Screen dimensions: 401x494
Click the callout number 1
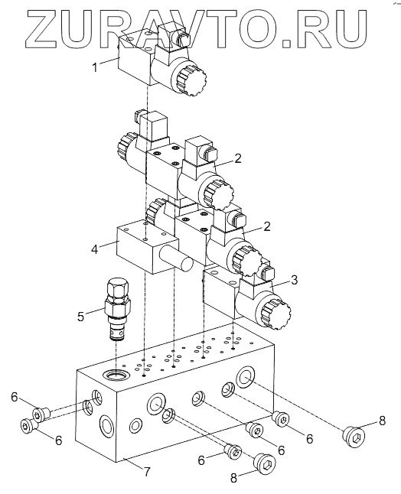(95, 67)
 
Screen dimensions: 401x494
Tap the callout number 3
(294, 280)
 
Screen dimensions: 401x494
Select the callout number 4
(94, 249)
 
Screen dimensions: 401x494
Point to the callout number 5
(81, 316)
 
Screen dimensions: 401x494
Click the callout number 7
(146, 472)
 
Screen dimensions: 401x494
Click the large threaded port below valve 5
(116, 375)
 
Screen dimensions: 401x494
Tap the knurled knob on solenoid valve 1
(192, 80)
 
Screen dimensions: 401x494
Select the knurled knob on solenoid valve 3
(275, 314)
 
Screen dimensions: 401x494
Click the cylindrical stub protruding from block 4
(176, 258)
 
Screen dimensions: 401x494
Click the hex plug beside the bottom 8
(265, 463)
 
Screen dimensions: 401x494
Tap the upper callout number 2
(238, 158)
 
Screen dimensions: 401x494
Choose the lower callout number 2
(267, 226)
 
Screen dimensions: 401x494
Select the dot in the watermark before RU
(286, 43)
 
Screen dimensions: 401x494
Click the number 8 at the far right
(382, 421)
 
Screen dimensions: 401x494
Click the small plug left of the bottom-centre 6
(233, 453)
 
